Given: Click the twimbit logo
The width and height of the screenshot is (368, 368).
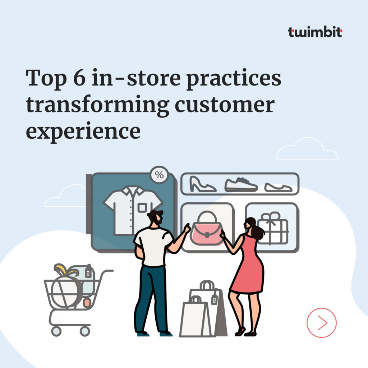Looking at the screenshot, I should point(315,32).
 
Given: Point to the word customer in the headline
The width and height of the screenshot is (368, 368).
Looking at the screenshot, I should point(225,104).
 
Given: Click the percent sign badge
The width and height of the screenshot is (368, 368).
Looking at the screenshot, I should point(159,175).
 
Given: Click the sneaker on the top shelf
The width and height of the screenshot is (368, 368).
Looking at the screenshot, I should point(241,185).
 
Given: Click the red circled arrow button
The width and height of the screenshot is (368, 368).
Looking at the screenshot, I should point(321,322).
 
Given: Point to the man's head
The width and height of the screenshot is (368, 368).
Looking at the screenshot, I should point(156,218).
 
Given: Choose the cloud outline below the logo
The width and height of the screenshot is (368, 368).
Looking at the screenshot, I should point(307,150).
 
